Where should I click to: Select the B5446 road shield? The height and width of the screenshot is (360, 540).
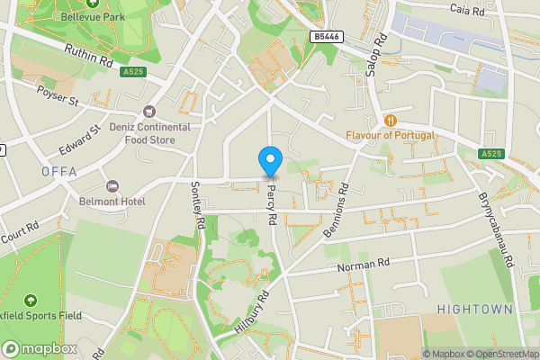click(328, 37)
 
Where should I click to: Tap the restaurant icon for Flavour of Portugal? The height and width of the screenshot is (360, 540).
click(390, 121)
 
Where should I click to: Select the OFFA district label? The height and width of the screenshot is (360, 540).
click(58, 171)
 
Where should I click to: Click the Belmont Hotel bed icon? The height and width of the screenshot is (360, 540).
click(112, 185)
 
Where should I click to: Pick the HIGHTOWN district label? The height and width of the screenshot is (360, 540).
click(474, 309)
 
